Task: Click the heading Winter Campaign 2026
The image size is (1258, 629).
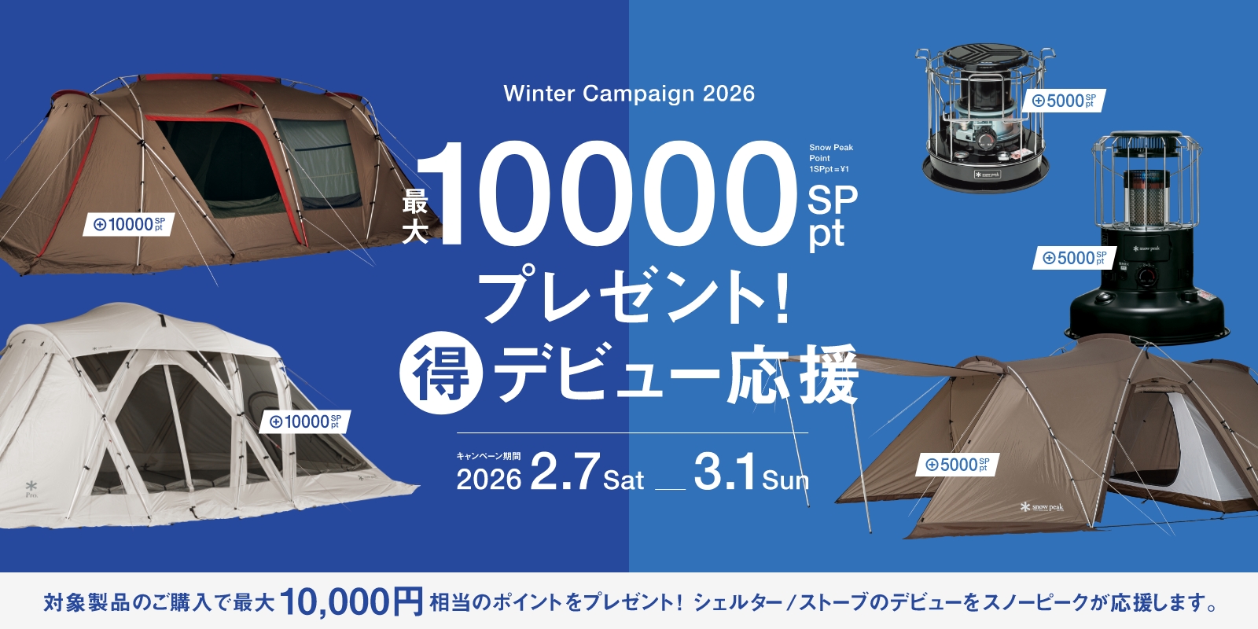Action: coord(629,94)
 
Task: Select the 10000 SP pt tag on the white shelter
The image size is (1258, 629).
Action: coord(305,422)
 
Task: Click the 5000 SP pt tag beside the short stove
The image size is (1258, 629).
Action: coord(1064,101)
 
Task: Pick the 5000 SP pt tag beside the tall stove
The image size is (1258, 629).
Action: coord(1074,258)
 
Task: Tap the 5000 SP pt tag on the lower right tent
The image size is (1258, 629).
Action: coord(957,465)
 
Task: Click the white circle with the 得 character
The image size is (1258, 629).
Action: coord(441,373)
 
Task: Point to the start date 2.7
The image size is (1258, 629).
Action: coord(565,472)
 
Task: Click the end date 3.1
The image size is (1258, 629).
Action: coord(725,472)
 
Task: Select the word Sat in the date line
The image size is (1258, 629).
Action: coord(623,480)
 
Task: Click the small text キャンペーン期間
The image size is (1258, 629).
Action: coord(488,456)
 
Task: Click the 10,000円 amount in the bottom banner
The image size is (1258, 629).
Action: coord(351,602)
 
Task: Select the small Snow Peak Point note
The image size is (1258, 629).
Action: coord(831,158)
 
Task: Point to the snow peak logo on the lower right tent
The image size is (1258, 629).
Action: coord(1042,507)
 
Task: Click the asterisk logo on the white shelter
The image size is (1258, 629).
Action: coord(31,487)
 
